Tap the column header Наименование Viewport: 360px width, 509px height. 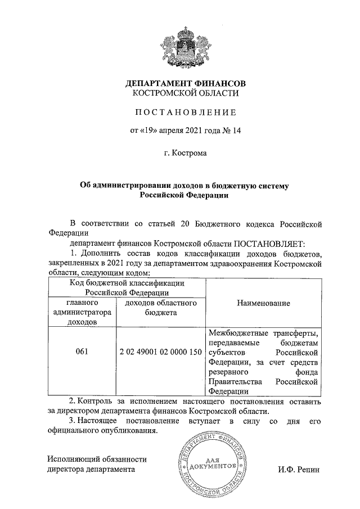(263, 303)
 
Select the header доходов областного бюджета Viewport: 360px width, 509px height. (160, 308)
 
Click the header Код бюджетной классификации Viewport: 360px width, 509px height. (128, 283)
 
